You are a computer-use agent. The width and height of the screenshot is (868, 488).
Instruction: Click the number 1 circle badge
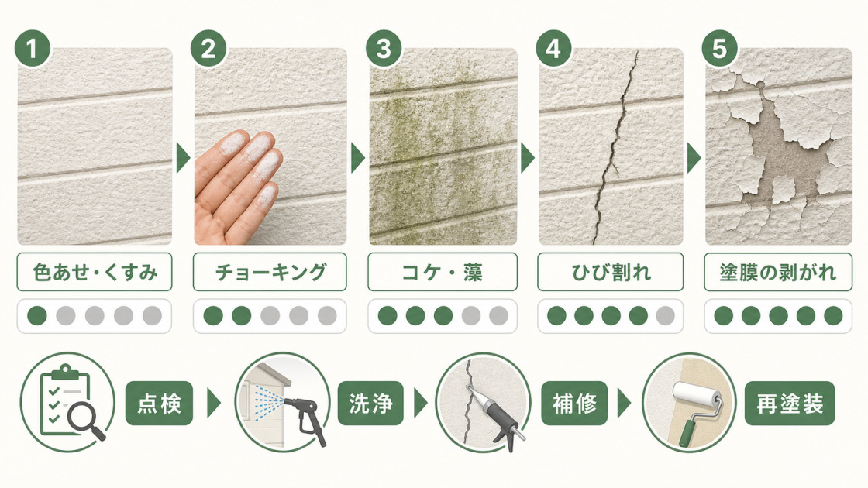point(33,49)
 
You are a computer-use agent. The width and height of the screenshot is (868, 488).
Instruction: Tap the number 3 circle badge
point(384,48)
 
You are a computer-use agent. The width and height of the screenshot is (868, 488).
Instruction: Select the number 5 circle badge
point(720,48)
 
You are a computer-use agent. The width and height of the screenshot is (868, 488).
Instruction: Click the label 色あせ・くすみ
point(95,272)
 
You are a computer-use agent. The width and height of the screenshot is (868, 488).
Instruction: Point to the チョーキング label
point(270,272)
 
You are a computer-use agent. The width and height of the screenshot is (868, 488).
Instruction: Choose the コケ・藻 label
point(443,272)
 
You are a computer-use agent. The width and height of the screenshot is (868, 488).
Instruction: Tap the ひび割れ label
point(611,272)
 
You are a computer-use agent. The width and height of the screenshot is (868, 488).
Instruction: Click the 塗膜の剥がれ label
point(778,272)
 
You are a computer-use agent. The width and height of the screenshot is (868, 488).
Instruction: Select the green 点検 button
point(160,404)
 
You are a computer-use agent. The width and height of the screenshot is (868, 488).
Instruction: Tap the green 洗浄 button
point(371,404)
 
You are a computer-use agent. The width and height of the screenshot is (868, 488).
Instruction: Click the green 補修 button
point(574,404)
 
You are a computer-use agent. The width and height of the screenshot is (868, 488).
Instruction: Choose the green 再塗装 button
point(790,404)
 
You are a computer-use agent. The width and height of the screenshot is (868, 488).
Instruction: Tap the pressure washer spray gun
point(305,418)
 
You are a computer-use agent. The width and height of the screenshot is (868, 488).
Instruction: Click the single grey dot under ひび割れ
point(666,315)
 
